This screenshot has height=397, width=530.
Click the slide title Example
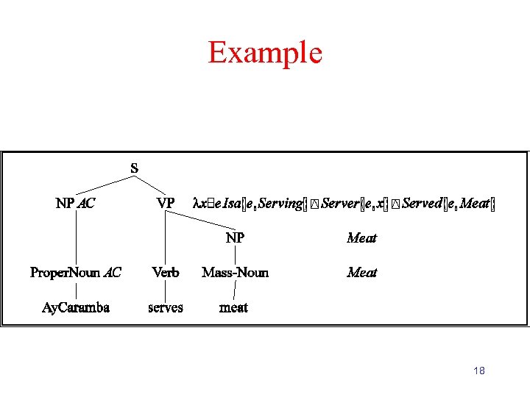[x=265, y=52]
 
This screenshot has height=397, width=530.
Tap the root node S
[x=134, y=168]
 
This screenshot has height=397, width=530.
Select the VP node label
[x=166, y=203]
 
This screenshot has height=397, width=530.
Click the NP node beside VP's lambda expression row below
[x=235, y=237]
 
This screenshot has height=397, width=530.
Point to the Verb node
[x=166, y=273]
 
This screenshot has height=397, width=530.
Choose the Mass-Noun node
[x=235, y=273]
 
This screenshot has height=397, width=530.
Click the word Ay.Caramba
[x=76, y=307]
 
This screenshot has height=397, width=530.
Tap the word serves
[x=166, y=307]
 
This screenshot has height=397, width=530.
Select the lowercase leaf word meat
[x=234, y=307]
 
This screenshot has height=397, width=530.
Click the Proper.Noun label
[x=65, y=273]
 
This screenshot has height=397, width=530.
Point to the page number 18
[x=479, y=371]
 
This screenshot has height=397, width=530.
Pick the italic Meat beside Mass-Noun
[x=361, y=273]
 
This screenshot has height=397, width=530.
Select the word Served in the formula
[x=422, y=203]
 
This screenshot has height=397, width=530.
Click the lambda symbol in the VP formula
[x=195, y=203]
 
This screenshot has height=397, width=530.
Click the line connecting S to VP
[x=150, y=185]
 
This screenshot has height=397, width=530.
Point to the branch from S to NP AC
[x=105, y=185]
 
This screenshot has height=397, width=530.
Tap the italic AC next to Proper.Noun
[x=113, y=273]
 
